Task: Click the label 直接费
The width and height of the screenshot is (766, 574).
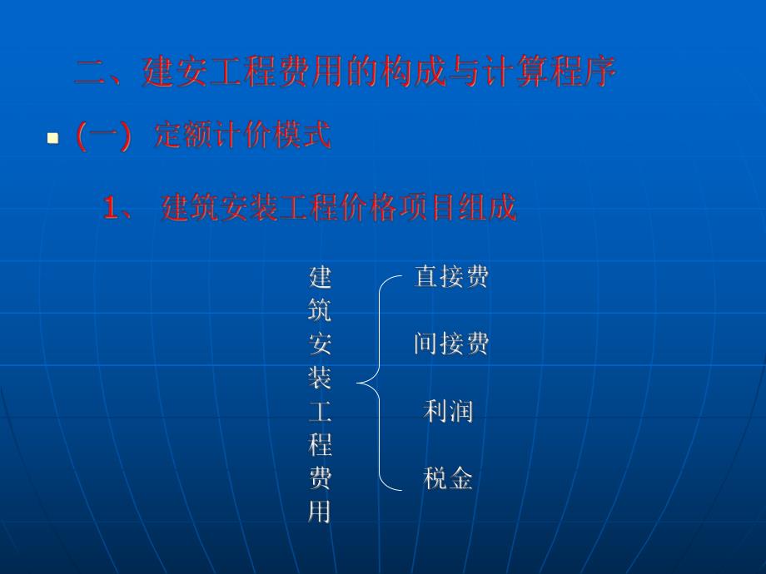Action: pos(450,277)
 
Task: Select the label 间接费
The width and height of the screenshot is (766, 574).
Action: pos(450,344)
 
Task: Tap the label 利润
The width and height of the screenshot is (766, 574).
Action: pos(448,411)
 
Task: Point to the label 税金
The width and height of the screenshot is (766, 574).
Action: pos(448,478)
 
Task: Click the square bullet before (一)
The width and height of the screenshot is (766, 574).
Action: pos(53,138)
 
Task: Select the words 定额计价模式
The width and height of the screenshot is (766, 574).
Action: pos(243,136)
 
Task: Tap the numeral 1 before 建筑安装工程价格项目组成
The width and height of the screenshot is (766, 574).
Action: pos(112,208)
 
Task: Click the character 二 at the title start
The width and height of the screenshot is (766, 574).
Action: pos(88,73)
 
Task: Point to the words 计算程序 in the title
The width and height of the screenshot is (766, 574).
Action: pos(553,73)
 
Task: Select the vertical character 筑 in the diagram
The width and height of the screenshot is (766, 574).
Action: pos(320,310)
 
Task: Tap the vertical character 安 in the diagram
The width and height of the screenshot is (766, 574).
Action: pos(320,344)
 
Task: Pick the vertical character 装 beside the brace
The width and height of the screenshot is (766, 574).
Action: pos(320,378)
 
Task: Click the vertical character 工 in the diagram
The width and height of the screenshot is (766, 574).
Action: pos(320,411)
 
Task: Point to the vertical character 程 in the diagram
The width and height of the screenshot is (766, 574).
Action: pos(320,445)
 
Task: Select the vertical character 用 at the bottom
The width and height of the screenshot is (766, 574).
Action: pos(320,512)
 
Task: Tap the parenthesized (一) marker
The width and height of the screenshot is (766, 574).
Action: pos(103,136)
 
